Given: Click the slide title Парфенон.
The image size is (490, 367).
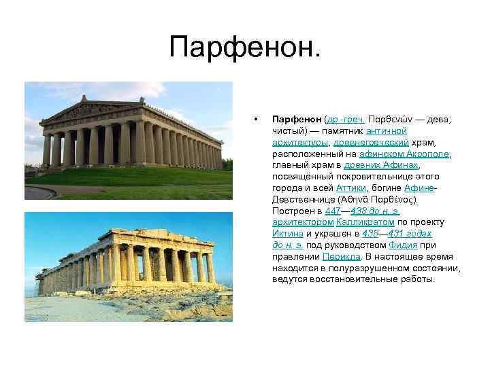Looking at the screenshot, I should pyautogui.click(x=244, y=47).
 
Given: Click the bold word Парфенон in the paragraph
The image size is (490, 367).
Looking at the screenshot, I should pyautogui.click(x=297, y=118).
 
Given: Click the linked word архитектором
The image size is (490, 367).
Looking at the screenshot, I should pyautogui.click(x=302, y=222).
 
